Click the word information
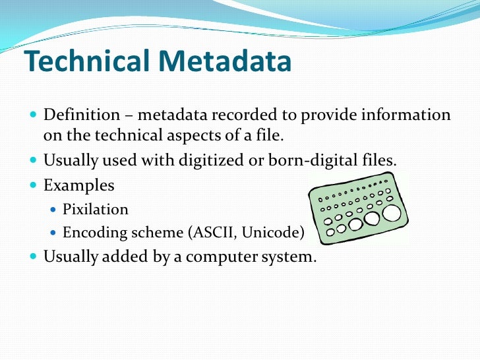point(408,115)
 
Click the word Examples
point(78,185)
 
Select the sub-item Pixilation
point(96,210)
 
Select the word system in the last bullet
point(293,256)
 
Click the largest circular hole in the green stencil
point(392,212)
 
